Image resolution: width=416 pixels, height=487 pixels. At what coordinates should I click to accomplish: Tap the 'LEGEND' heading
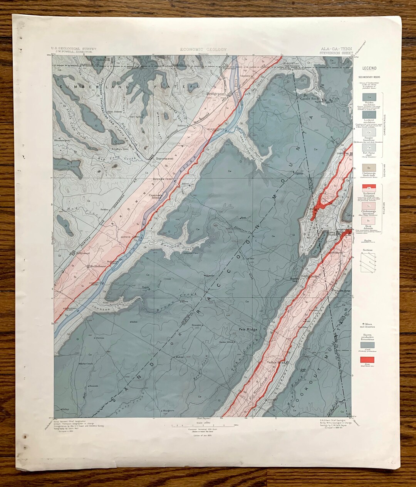(369, 68)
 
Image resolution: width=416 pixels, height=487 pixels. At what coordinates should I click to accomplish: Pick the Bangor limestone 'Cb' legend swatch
(369, 132)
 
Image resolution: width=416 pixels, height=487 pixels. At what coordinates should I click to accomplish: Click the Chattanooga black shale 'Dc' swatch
(369, 168)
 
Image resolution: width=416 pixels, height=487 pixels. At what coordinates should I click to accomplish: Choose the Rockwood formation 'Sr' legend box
(369, 188)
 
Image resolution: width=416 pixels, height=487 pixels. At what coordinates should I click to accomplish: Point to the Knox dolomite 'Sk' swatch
(369, 221)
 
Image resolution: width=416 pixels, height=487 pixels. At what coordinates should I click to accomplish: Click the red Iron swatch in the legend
(369, 360)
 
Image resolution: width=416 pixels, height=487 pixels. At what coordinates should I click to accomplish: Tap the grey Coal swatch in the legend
(369, 345)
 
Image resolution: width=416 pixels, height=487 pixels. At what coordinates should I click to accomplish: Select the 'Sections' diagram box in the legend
(369, 263)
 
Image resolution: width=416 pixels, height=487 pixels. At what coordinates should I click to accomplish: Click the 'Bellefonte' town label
(98, 266)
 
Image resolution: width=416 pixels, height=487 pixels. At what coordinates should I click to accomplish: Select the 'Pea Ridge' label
(247, 329)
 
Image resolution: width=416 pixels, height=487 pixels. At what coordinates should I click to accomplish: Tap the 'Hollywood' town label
(82, 253)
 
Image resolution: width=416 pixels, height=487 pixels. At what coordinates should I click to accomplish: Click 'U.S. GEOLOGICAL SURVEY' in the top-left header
(74, 49)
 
